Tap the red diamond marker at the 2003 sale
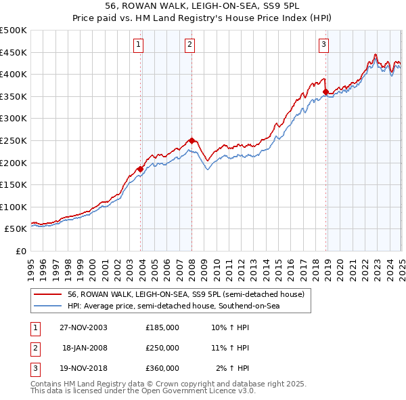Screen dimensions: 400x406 point(141,169)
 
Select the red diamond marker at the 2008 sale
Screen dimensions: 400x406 point(191,140)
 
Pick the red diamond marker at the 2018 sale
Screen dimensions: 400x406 point(325,92)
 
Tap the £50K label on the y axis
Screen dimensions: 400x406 point(16,229)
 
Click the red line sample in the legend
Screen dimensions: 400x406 point(47,294)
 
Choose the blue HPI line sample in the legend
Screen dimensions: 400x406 point(47,306)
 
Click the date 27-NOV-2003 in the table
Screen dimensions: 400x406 point(84,327)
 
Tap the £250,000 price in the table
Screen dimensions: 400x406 point(162,348)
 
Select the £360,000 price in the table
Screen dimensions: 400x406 point(162,368)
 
